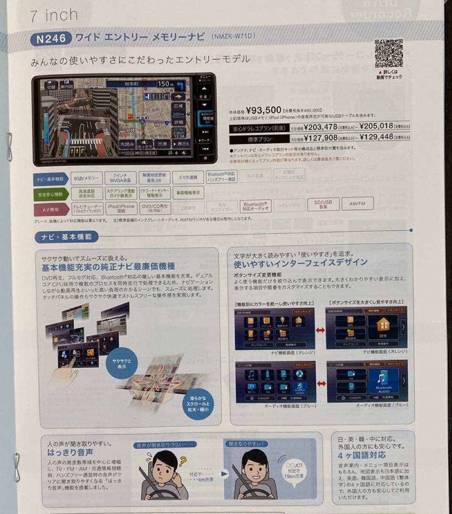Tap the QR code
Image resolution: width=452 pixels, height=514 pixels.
point(389,53)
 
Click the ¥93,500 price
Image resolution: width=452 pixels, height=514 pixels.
point(264,110)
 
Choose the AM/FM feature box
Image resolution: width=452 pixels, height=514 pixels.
point(357,204)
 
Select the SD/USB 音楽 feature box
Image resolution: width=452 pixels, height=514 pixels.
point(323,204)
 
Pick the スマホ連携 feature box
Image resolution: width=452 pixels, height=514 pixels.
point(188,178)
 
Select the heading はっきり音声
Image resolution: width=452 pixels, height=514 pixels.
point(70,452)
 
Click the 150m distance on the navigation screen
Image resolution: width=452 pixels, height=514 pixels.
point(166,84)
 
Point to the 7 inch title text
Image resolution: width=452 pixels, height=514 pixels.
point(54,15)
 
